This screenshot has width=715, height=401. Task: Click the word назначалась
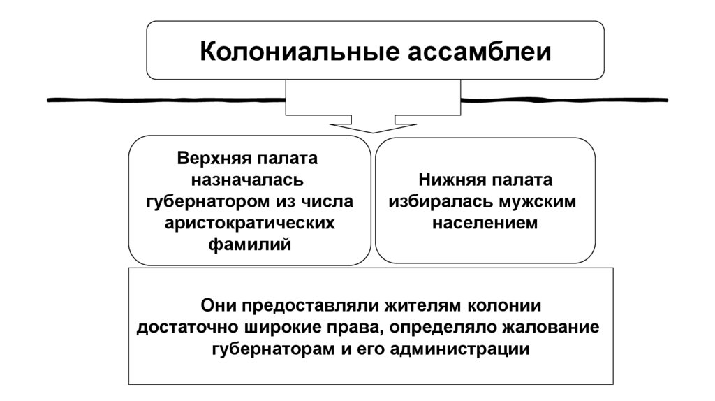pyautogui.click(x=249, y=180)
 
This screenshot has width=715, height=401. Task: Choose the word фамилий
pyautogui.click(x=249, y=245)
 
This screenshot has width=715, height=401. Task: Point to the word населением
pyautogui.click(x=485, y=224)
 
